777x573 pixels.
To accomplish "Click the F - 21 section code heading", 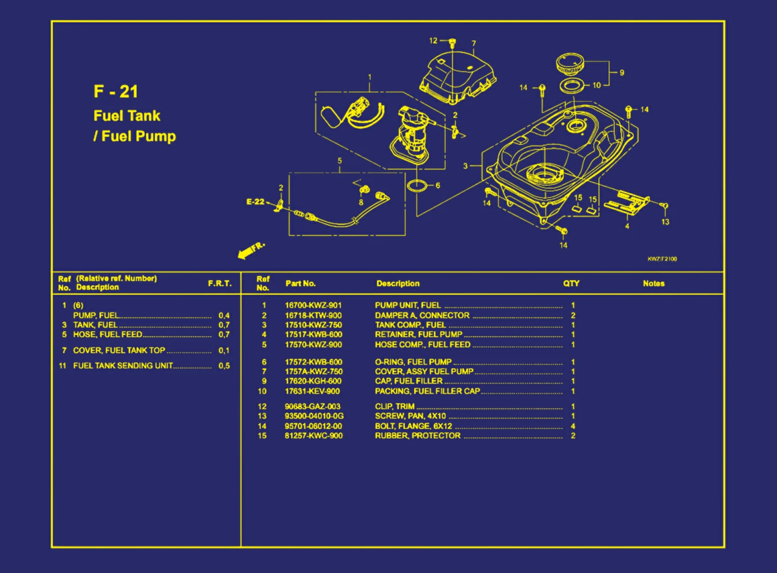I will pyautogui.click(x=115, y=92).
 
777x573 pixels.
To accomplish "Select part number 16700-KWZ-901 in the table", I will pyautogui.click(x=313, y=306).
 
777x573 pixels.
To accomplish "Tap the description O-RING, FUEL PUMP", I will pyautogui.click(x=413, y=362).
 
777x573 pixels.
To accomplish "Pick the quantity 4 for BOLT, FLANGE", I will pyautogui.click(x=573, y=426).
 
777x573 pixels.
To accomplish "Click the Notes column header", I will pyautogui.click(x=653, y=284).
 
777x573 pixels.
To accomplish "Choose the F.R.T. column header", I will pyautogui.click(x=220, y=284).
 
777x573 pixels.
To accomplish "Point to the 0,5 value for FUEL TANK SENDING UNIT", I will pyautogui.click(x=224, y=366).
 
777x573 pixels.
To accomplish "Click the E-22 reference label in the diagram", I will pyautogui.click(x=255, y=202).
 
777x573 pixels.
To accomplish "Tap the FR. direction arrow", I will pyautogui.click(x=250, y=250).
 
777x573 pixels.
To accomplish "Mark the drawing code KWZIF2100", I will pyautogui.click(x=662, y=259).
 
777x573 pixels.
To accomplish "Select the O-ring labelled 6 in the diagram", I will pyautogui.click(x=417, y=186).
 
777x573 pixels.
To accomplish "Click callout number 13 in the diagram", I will pyautogui.click(x=665, y=222).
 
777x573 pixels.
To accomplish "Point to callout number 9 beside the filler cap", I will pyautogui.click(x=621, y=73).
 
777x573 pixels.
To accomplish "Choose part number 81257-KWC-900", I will pyautogui.click(x=313, y=436).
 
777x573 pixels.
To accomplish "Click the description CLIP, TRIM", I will pyautogui.click(x=395, y=406).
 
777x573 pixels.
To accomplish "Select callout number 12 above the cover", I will pyautogui.click(x=433, y=41).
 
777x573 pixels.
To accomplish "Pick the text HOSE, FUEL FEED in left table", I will pyautogui.click(x=107, y=335).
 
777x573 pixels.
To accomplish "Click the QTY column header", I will pyautogui.click(x=571, y=284).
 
